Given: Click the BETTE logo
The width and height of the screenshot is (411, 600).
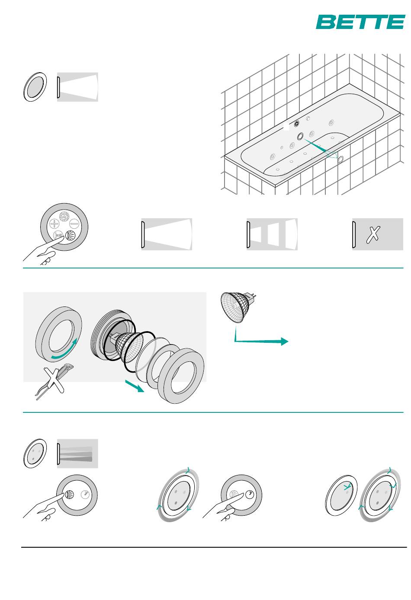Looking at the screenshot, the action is click(x=360, y=22).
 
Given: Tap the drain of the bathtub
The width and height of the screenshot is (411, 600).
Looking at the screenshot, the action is click(x=296, y=124).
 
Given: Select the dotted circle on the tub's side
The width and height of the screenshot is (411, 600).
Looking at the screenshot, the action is click(x=340, y=160).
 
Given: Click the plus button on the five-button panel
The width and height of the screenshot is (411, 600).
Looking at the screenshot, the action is click(x=55, y=223).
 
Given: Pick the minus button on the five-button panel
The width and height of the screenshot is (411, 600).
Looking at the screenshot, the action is click(x=74, y=223).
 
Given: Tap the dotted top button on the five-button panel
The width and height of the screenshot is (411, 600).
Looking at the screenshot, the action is click(x=64, y=217).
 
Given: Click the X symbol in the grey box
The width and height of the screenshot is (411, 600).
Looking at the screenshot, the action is click(x=373, y=235).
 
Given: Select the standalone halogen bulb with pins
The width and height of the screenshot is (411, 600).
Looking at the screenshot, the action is click(x=238, y=306).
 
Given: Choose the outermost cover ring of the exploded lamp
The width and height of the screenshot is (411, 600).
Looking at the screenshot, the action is click(x=181, y=375).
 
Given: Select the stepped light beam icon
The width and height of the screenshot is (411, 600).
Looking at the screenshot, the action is click(x=272, y=234).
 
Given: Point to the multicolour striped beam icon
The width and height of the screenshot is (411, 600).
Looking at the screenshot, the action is click(x=77, y=453).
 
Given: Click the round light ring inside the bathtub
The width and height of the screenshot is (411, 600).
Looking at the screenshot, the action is click(x=300, y=136).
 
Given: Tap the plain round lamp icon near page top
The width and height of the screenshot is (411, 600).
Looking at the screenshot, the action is click(x=35, y=87).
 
